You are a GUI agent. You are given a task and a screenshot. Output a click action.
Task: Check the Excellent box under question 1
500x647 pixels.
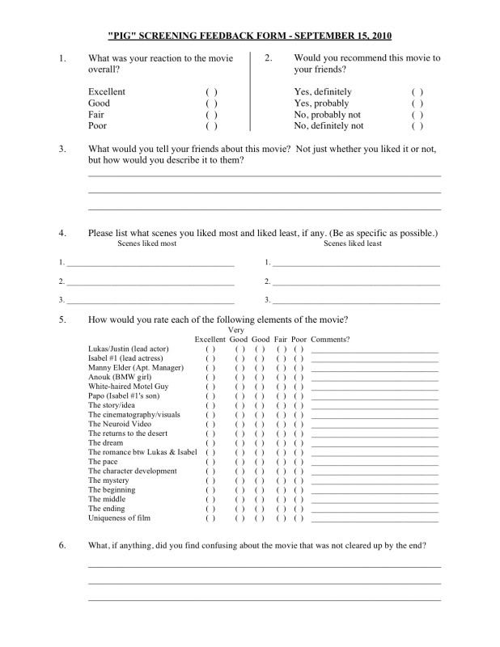211,92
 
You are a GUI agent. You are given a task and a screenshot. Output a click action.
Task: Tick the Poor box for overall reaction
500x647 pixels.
211,126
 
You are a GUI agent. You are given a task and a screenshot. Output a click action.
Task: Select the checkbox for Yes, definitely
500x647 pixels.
417,92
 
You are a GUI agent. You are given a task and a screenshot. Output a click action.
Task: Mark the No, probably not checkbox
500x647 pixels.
417,115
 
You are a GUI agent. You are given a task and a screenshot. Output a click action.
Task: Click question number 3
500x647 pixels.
62,149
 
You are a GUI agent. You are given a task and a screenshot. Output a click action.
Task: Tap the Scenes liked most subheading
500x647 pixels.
147,243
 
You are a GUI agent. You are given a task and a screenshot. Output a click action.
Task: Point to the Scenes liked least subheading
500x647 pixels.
353,243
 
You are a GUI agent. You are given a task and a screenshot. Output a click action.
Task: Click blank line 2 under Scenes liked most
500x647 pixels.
150,283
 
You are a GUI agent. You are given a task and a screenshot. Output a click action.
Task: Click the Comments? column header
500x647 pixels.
330,339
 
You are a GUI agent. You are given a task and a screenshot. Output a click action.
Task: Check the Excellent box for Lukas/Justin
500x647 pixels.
210,349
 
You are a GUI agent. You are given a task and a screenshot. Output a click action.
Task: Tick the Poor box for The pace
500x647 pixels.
299,462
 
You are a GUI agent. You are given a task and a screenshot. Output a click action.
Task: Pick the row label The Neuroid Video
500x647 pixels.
119,424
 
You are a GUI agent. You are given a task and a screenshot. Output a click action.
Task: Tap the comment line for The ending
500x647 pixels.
375,510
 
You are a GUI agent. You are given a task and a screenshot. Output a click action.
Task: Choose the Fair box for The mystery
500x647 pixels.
282,480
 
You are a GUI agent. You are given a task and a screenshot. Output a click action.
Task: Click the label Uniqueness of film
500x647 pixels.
120,518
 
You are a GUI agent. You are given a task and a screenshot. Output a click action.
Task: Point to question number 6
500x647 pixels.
62,545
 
